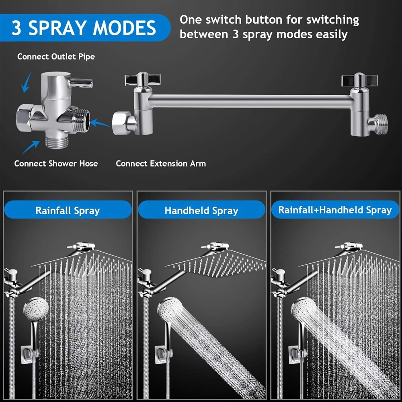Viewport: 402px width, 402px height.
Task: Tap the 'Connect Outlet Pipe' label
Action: pyautogui.click(x=56, y=57)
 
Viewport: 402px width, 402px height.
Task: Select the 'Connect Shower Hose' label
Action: pyautogui.click(x=56, y=164)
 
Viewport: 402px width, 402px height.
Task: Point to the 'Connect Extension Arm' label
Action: pyautogui.click(x=161, y=164)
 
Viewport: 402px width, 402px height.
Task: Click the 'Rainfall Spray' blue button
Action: pyautogui.click(x=68, y=210)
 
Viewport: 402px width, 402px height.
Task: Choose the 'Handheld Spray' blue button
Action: pyautogui.click(x=201, y=210)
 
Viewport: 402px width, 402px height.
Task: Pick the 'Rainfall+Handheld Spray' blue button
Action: pyautogui.click(x=335, y=210)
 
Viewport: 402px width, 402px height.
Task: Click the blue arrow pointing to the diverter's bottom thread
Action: pyautogui.click(x=31, y=148)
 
